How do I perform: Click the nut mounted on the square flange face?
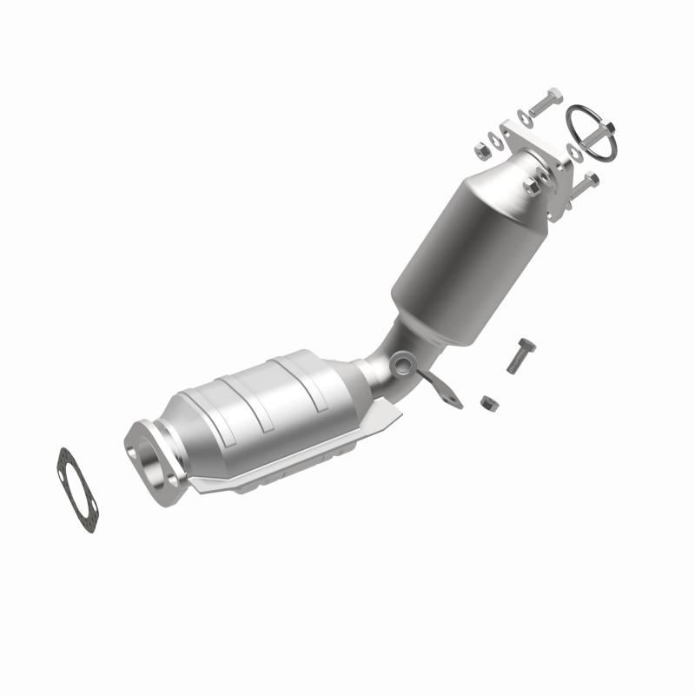(x=532, y=185)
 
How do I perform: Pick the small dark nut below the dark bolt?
(x=488, y=402)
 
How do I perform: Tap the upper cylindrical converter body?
(x=460, y=252)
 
